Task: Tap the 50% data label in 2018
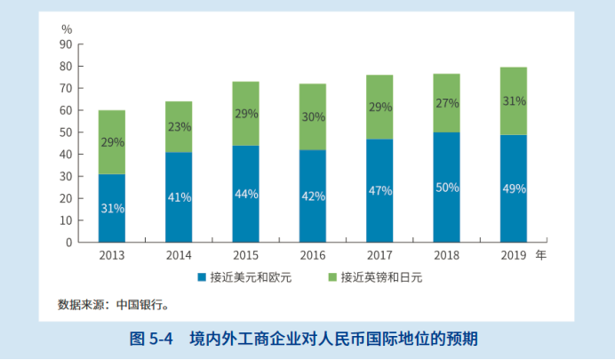446,188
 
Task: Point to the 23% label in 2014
179,126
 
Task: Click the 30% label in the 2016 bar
312,116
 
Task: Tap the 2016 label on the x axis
312,255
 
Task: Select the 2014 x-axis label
179,255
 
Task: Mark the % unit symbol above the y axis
66,29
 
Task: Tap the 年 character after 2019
541,255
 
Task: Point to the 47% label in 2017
379,191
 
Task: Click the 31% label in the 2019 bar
513,101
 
